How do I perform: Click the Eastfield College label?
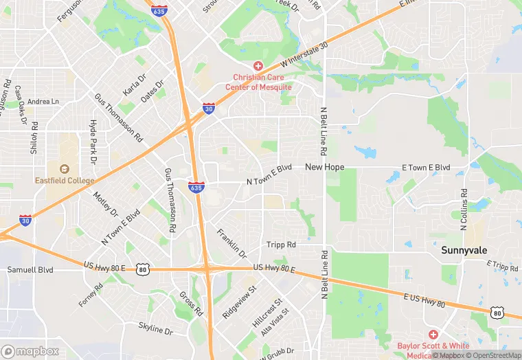point(65,181)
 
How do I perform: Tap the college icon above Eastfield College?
point(65,168)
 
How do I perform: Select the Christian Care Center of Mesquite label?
point(262,82)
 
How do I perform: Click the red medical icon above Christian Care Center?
point(258,66)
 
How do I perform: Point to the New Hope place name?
point(324,167)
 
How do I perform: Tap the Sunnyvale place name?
point(464,251)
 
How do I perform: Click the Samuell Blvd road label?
point(30,270)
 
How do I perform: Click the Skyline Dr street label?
point(155,329)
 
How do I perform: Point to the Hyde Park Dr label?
point(93,141)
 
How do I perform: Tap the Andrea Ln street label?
point(43,102)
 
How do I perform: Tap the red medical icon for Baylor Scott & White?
point(433,335)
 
